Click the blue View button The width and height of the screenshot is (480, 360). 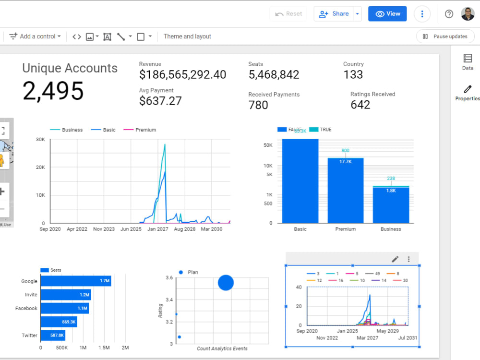(x=387, y=14)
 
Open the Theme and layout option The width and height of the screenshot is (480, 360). (x=187, y=36)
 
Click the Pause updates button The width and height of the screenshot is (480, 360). (x=445, y=36)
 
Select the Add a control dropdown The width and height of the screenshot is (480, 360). (x=36, y=36)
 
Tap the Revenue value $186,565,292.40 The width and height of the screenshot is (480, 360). (x=182, y=75)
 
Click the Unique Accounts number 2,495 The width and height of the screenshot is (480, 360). (x=53, y=91)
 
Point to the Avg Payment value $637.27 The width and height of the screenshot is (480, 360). (x=160, y=101)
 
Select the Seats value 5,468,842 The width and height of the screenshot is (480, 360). (x=274, y=75)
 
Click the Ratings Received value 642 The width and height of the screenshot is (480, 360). (x=360, y=105)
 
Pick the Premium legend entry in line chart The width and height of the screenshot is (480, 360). (x=145, y=130)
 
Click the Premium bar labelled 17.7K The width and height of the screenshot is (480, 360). (x=345, y=191)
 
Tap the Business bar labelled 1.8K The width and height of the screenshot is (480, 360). (x=391, y=205)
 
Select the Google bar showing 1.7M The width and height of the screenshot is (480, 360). (x=76, y=281)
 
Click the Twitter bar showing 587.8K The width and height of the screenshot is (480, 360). (x=53, y=336)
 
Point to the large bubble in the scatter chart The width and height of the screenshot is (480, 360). (x=226, y=283)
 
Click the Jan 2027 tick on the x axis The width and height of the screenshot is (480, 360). (x=157, y=229)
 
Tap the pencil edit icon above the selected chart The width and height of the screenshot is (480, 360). (x=395, y=259)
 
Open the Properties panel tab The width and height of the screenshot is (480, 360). (x=467, y=93)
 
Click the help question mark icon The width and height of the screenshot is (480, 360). (x=449, y=14)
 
